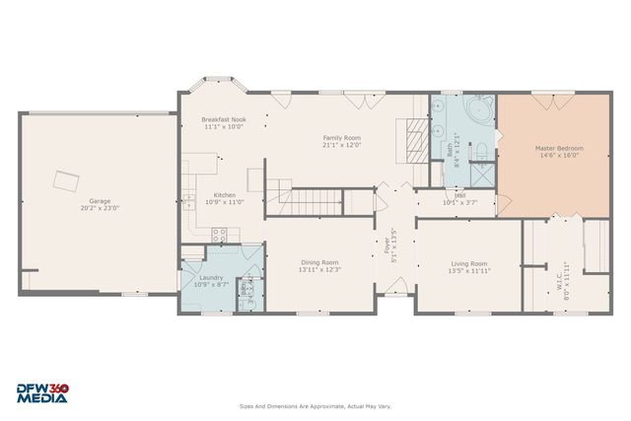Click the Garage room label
(100, 200)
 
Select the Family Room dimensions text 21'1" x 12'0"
(342, 145)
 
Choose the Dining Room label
(320, 262)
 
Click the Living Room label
(468, 263)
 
